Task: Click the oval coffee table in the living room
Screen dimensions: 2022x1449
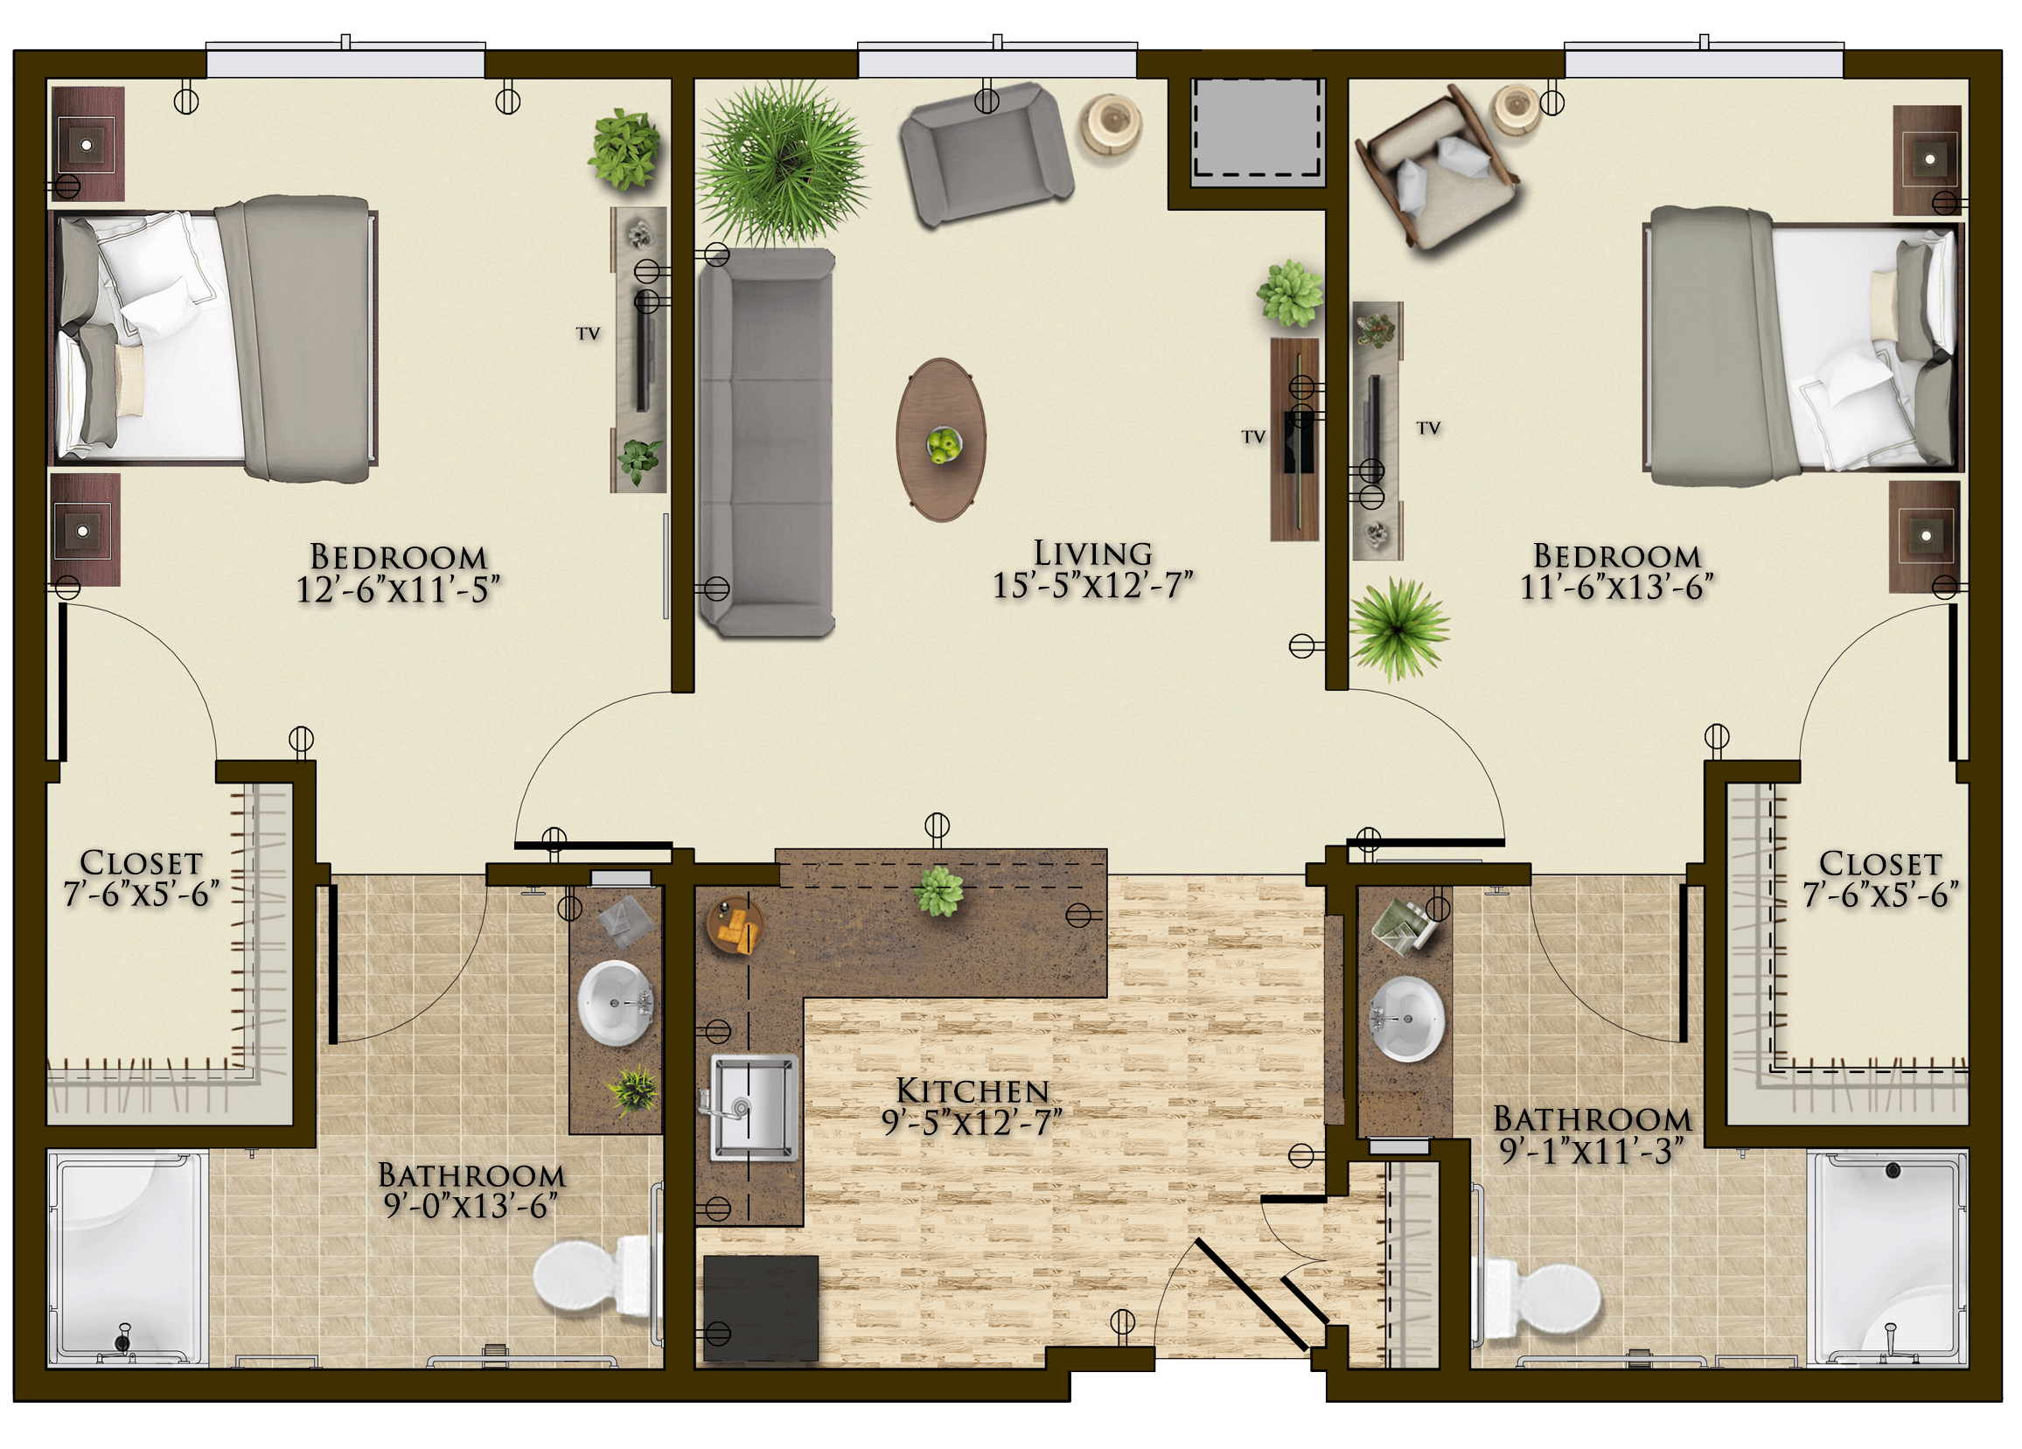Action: (x=941, y=440)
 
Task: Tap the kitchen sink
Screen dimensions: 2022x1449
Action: (x=753, y=1106)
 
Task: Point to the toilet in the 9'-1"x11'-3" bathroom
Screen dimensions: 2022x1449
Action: (x=1538, y=1298)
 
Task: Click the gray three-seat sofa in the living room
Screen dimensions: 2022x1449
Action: (x=766, y=442)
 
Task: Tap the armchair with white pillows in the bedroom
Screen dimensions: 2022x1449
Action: (x=1435, y=166)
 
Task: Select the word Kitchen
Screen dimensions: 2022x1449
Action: (x=972, y=1090)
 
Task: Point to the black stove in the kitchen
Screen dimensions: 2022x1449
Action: (x=761, y=1309)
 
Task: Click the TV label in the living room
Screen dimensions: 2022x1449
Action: (x=1253, y=437)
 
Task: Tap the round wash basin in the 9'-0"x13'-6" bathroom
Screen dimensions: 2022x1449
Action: (x=615, y=1003)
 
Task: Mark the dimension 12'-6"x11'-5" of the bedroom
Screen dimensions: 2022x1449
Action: (x=398, y=589)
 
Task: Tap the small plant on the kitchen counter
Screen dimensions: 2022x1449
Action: (x=938, y=891)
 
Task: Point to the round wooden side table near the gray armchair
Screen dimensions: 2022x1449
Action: (x=1110, y=124)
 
